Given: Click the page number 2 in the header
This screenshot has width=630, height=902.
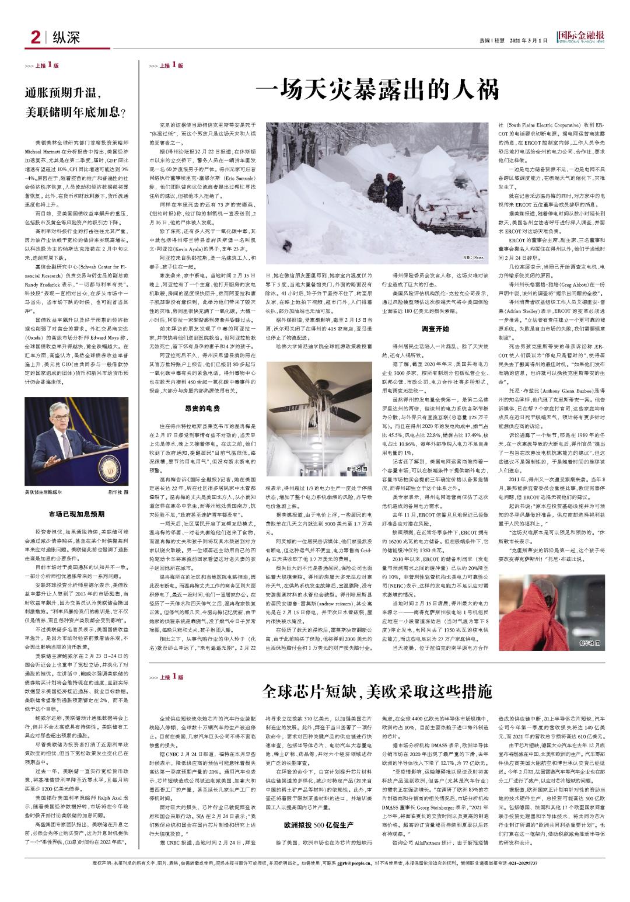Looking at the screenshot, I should (x=34, y=39).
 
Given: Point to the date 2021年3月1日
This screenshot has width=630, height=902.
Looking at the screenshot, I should (x=529, y=40).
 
